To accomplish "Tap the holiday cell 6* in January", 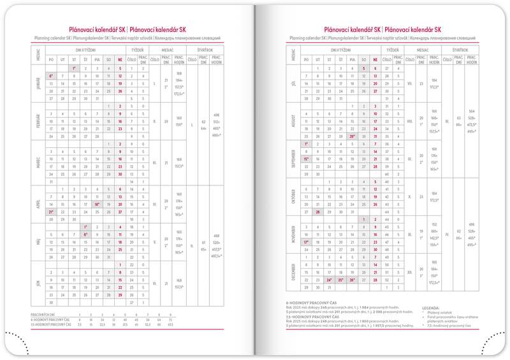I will click(50, 76).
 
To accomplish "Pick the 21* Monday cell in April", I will click(50, 212).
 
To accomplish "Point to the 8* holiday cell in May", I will click(85, 234).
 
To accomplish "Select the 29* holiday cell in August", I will click(352, 136).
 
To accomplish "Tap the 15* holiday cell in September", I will click(306, 159).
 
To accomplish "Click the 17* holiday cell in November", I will click(306, 241).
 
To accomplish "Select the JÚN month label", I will click(37, 280).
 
